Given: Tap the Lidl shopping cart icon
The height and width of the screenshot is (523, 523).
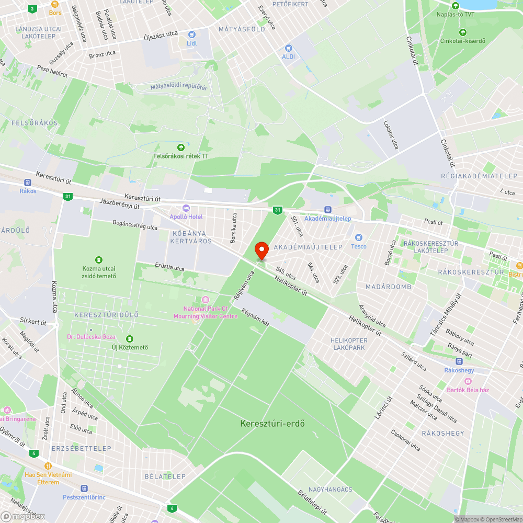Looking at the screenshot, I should [x=191, y=34].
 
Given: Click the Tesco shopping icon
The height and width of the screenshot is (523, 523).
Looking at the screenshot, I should [x=358, y=237].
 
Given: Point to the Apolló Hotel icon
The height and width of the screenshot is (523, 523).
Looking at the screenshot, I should [x=186, y=208].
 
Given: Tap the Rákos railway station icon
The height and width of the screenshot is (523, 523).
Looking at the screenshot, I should [x=28, y=183].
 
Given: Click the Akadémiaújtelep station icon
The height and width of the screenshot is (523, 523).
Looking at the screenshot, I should [x=328, y=210].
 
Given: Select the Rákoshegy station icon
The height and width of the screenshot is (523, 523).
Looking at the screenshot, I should [x=459, y=361].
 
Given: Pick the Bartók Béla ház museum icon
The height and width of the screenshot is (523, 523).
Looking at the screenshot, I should [x=468, y=381].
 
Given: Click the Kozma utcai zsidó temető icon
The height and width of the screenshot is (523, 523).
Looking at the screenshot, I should [x=98, y=259].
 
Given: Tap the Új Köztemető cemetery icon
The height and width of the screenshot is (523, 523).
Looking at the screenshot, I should [x=130, y=338].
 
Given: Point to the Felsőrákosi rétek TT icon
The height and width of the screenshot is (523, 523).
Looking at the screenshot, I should [x=181, y=147].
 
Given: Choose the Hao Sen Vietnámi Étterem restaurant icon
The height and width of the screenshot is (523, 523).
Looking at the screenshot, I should [x=48, y=465].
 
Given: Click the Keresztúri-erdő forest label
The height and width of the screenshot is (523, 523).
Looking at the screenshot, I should [x=272, y=423].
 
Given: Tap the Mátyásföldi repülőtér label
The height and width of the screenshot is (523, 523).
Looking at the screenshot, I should [x=179, y=87].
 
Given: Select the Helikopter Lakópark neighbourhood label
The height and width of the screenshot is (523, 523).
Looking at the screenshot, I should [x=349, y=344].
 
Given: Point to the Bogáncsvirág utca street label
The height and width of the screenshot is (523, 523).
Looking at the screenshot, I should [x=135, y=225].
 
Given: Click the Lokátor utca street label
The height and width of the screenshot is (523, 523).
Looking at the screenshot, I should [x=391, y=135].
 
